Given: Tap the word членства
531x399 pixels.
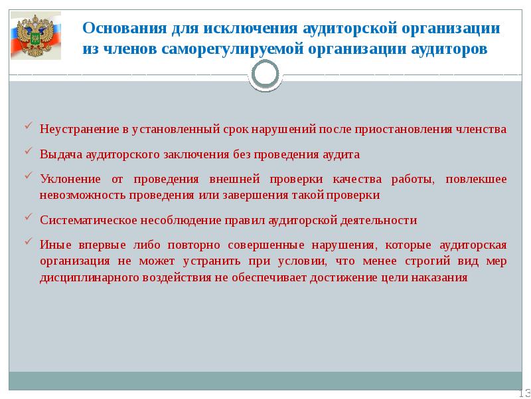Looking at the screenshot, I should [x=481, y=129].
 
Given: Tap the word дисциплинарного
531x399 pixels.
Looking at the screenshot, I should [x=88, y=279].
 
